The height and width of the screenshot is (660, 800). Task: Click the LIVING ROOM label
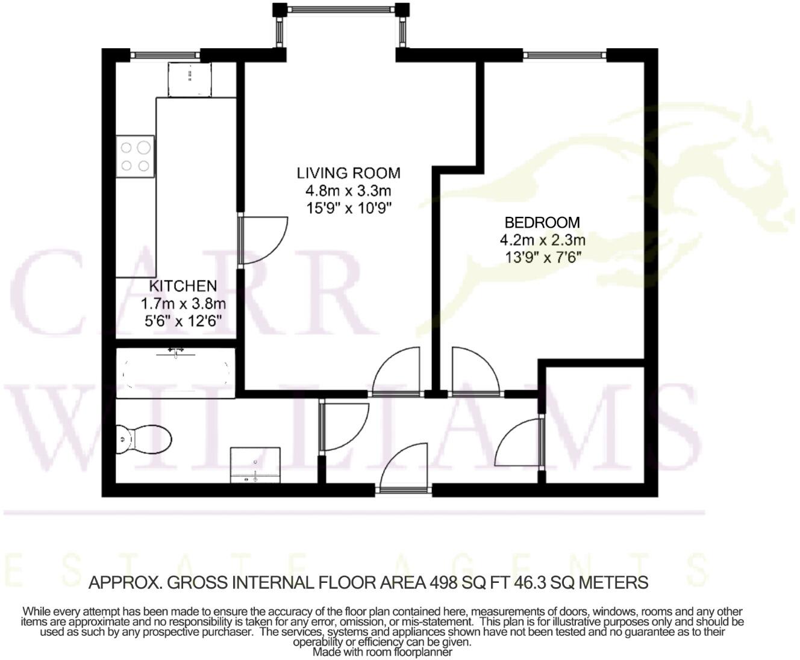click(348, 173)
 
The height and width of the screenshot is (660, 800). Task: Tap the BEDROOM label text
click(542, 222)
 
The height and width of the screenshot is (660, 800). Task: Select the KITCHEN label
click(183, 285)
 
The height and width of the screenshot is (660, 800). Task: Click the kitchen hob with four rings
click(136, 157)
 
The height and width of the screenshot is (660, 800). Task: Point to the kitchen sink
click(190, 79)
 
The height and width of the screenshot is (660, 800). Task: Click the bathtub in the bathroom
click(176, 373)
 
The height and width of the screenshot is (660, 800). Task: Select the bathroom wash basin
click(255, 465)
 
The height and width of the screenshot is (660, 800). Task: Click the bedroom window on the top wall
click(564, 55)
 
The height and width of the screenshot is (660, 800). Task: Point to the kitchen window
click(164, 55)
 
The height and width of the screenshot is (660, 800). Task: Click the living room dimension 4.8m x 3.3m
click(348, 191)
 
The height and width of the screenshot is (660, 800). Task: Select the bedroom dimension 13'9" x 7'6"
click(542, 258)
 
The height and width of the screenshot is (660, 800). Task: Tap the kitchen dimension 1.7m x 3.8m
click(183, 303)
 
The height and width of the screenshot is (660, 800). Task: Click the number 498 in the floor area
click(443, 582)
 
